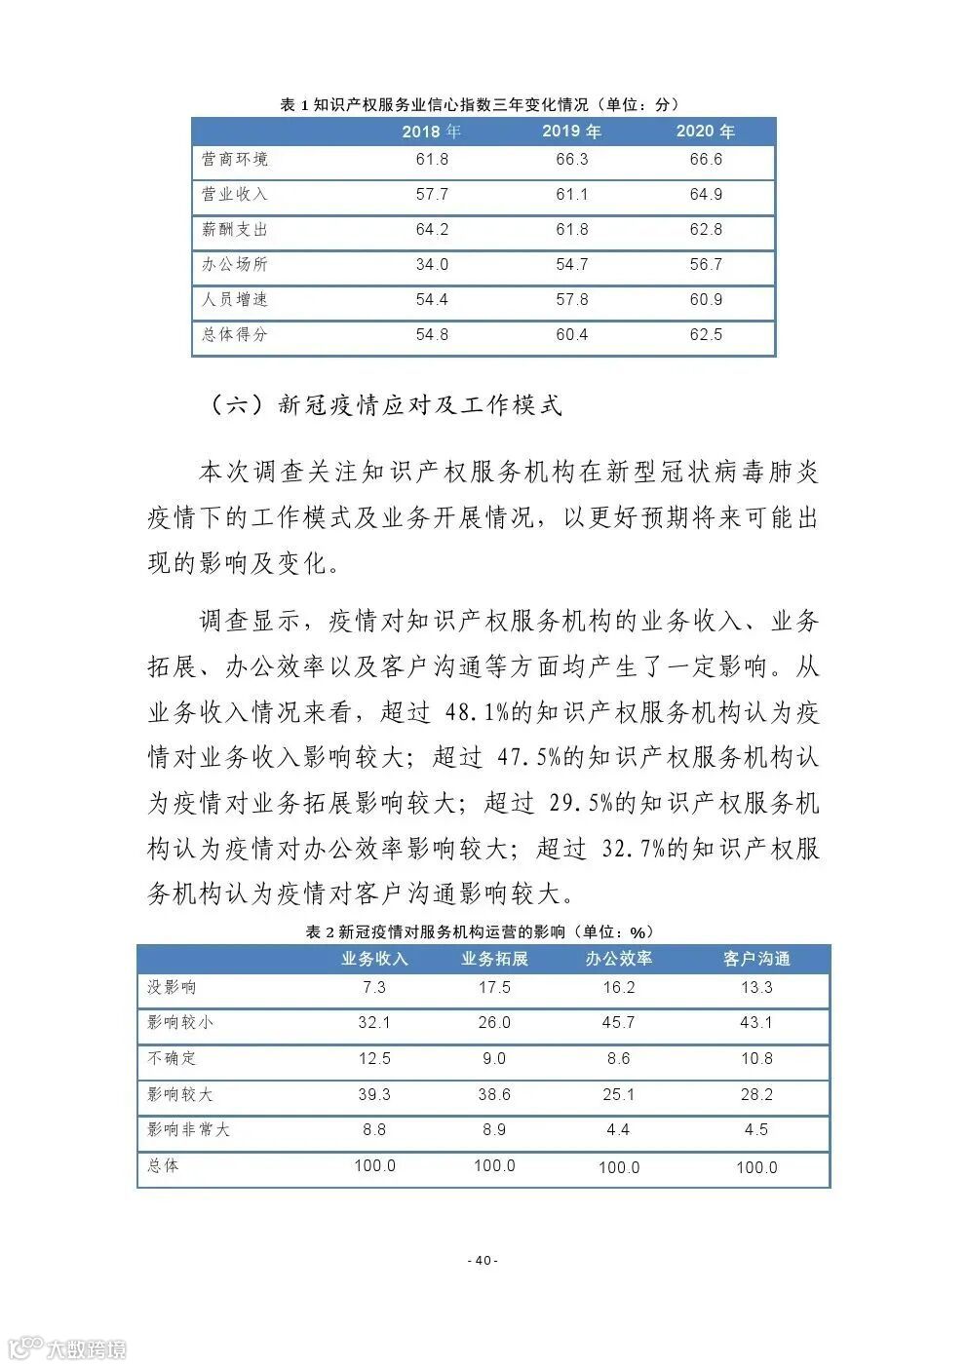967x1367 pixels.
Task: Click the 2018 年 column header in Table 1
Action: pos(432,132)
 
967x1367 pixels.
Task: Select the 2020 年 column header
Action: pos(706,132)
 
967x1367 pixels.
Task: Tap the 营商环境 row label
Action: pos(235,160)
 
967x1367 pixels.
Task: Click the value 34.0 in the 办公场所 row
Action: pos(432,265)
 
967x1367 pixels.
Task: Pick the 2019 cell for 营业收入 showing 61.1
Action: pos(572,195)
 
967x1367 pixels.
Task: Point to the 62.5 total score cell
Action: pos(706,335)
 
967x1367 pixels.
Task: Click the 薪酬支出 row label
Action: pos(235,230)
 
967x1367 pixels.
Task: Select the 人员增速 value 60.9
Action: pos(706,300)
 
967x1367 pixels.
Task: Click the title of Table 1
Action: pos(480,105)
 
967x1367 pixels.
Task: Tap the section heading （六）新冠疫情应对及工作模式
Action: pos(385,405)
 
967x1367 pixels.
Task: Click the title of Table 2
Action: pos(480,932)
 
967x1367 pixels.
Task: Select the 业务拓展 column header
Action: pos(494,960)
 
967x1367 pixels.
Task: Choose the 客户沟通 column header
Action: pos(756,960)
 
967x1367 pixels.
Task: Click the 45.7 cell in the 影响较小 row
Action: pos(618,1023)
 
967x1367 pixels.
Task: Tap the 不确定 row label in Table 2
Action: pos(172,1058)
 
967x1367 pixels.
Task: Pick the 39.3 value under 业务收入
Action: pos(374,1095)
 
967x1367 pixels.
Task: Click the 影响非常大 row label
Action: pos(188,1130)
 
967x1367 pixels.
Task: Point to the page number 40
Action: pos(483,1261)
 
